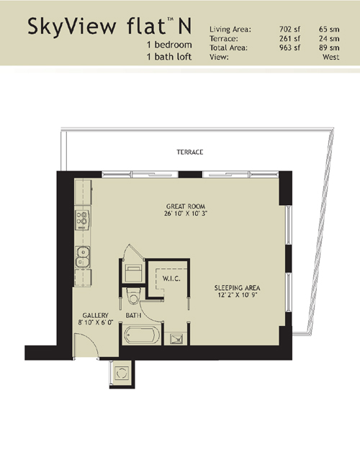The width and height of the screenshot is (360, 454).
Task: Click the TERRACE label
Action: point(190,152)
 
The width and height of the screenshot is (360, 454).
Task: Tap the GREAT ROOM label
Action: point(186,206)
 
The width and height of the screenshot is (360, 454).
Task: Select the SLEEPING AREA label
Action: point(237,288)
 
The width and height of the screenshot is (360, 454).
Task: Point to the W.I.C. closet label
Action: point(171,278)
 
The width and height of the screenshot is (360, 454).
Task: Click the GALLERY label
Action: point(95,315)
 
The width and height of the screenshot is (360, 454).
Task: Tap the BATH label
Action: point(133,315)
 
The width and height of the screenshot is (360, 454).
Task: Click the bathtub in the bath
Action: point(142,335)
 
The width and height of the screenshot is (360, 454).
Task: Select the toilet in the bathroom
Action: point(134,296)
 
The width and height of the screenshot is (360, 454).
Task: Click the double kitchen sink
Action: point(82,258)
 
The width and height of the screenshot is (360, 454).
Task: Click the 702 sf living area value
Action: point(289,29)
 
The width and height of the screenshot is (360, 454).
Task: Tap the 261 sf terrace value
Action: point(289,39)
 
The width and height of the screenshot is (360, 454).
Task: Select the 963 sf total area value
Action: point(289,47)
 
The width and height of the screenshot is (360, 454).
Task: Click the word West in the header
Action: point(330,57)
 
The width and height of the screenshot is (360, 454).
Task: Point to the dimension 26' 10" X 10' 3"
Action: point(186,214)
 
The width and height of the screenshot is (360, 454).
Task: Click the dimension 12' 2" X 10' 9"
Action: point(238,295)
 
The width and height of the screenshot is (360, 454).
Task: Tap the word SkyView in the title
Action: point(71,27)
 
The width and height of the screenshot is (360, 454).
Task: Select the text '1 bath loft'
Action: point(169,56)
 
